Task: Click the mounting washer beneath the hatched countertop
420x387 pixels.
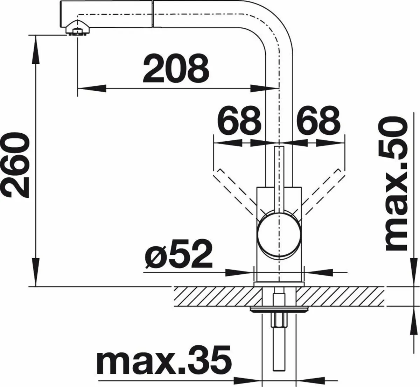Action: (x=279, y=309)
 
